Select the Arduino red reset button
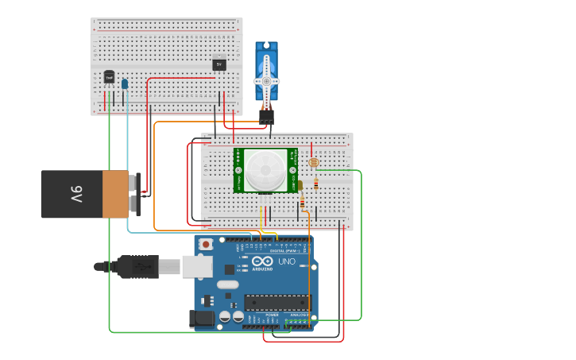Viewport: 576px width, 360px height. click(206, 245)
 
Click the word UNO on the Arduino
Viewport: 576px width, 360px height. click(286, 261)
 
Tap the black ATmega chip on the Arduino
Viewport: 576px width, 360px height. click(277, 301)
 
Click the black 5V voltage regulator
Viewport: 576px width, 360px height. click(219, 64)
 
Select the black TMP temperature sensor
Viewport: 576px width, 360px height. click(109, 77)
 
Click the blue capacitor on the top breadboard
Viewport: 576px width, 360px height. click(125, 83)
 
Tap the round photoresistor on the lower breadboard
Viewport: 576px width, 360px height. click(312, 163)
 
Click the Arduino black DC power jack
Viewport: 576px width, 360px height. click(203, 319)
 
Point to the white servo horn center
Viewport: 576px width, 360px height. click(266, 81)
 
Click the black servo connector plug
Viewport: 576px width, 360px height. click(266, 115)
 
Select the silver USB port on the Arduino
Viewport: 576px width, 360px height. click(196, 265)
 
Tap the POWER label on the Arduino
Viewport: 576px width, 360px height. click(271, 314)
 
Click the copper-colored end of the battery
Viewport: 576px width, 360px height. click(115, 194)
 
